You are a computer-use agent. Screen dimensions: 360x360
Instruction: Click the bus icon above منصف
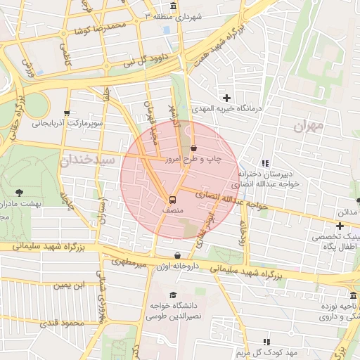tap(172, 199)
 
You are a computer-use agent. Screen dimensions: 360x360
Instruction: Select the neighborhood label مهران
tap(309, 127)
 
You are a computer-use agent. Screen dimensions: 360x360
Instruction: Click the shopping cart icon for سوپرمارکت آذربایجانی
tap(67, 112)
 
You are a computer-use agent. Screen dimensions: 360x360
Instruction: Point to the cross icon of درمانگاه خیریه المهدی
tap(226, 97)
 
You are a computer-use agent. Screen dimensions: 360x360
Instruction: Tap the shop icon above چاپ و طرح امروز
tap(193, 148)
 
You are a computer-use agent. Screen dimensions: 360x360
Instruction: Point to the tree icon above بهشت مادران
tap(18, 192)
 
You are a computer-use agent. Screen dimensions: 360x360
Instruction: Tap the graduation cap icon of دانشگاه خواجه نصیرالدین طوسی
tap(174, 295)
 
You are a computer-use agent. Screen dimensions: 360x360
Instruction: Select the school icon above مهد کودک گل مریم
tap(266, 340)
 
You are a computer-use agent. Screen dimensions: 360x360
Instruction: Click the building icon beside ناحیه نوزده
tap(353, 295)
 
